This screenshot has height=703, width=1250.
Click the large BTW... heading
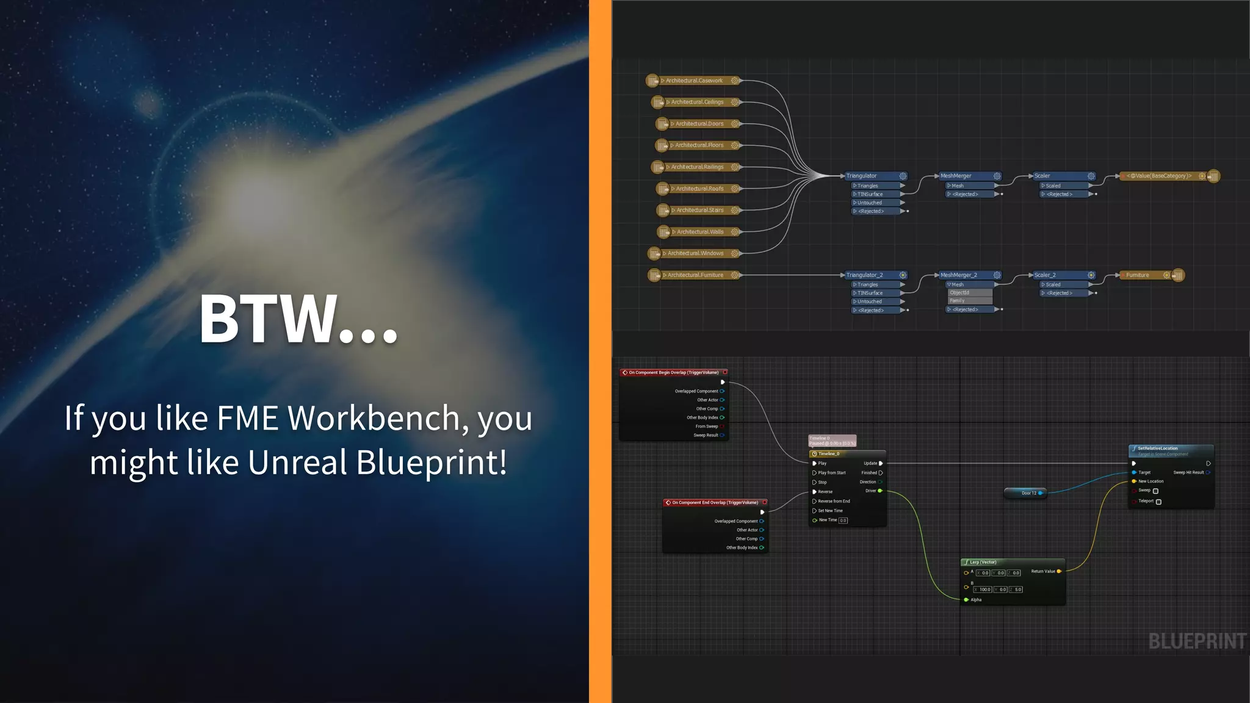click(298, 319)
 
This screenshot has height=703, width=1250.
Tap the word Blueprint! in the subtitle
click(432, 463)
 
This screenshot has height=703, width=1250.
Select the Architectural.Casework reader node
click(694, 81)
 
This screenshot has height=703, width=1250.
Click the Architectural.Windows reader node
click(695, 253)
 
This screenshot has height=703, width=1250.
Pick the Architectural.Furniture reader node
click(695, 275)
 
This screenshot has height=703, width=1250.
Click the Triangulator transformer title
click(862, 176)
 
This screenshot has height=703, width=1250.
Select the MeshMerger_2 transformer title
click(959, 275)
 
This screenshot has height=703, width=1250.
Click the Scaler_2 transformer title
click(1045, 275)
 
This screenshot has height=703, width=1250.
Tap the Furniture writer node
click(1138, 275)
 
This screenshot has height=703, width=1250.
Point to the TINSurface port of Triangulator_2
click(870, 293)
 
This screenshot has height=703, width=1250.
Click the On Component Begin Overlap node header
click(673, 372)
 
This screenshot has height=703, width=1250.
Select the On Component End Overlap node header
click(714, 503)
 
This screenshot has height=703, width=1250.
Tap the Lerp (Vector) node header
click(983, 562)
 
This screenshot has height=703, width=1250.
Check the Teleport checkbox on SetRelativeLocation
click(1158, 502)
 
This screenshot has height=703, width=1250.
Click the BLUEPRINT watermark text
click(1197, 641)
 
